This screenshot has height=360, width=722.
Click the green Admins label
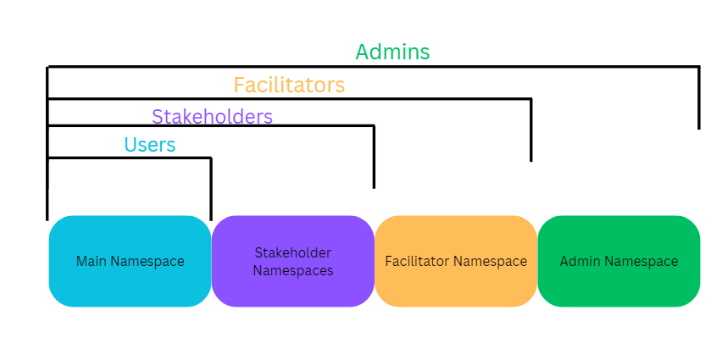pos(392,52)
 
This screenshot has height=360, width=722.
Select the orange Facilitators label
pos(289,85)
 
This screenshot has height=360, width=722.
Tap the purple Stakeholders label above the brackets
pos(212,116)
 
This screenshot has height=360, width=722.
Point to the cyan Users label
pos(150,145)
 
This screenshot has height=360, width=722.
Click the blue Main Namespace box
pos(130,261)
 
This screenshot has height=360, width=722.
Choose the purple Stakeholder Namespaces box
pos(292,261)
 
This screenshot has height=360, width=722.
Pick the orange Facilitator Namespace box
pos(456,261)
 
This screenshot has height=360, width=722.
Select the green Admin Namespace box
pos(619,261)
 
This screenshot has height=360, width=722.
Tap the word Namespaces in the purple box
pos(293,270)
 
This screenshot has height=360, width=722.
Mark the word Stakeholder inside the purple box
pos(293,252)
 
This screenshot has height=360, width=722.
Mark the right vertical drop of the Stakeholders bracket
pos(374,157)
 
